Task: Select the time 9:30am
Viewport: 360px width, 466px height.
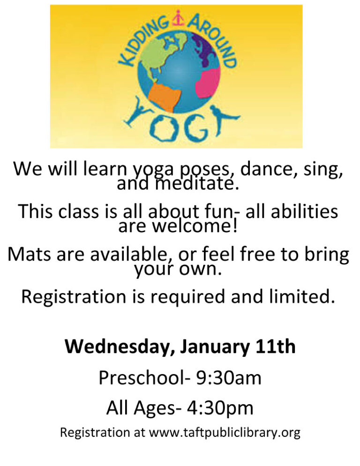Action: point(228,378)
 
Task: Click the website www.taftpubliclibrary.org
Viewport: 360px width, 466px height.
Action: point(225,432)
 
